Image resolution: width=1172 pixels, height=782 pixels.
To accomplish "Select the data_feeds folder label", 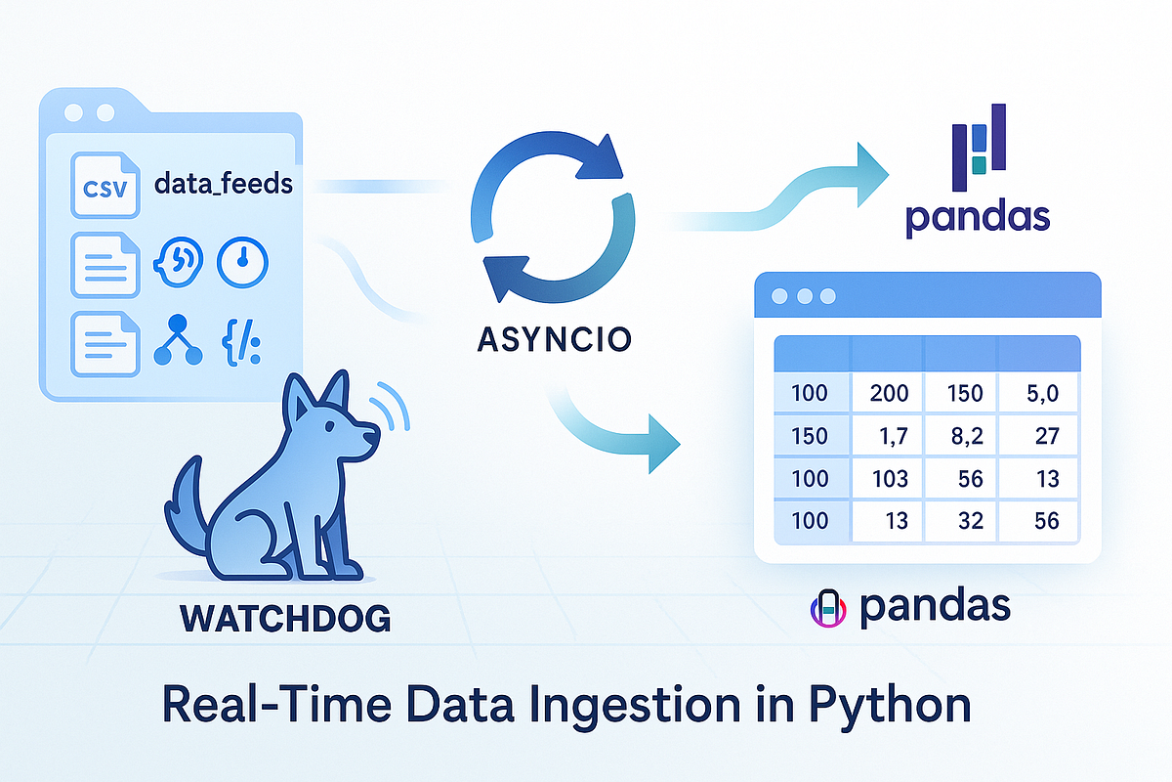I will [x=224, y=183].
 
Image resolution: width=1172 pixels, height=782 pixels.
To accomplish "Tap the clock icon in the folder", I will [x=241, y=261].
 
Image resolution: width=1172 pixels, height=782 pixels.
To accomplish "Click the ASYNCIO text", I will [x=554, y=339].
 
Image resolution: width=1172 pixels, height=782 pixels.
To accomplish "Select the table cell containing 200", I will [x=889, y=394].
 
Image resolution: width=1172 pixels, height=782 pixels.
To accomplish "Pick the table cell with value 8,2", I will [x=961, y=436].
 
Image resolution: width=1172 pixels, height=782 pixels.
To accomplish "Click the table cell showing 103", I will [x=889, y=479].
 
